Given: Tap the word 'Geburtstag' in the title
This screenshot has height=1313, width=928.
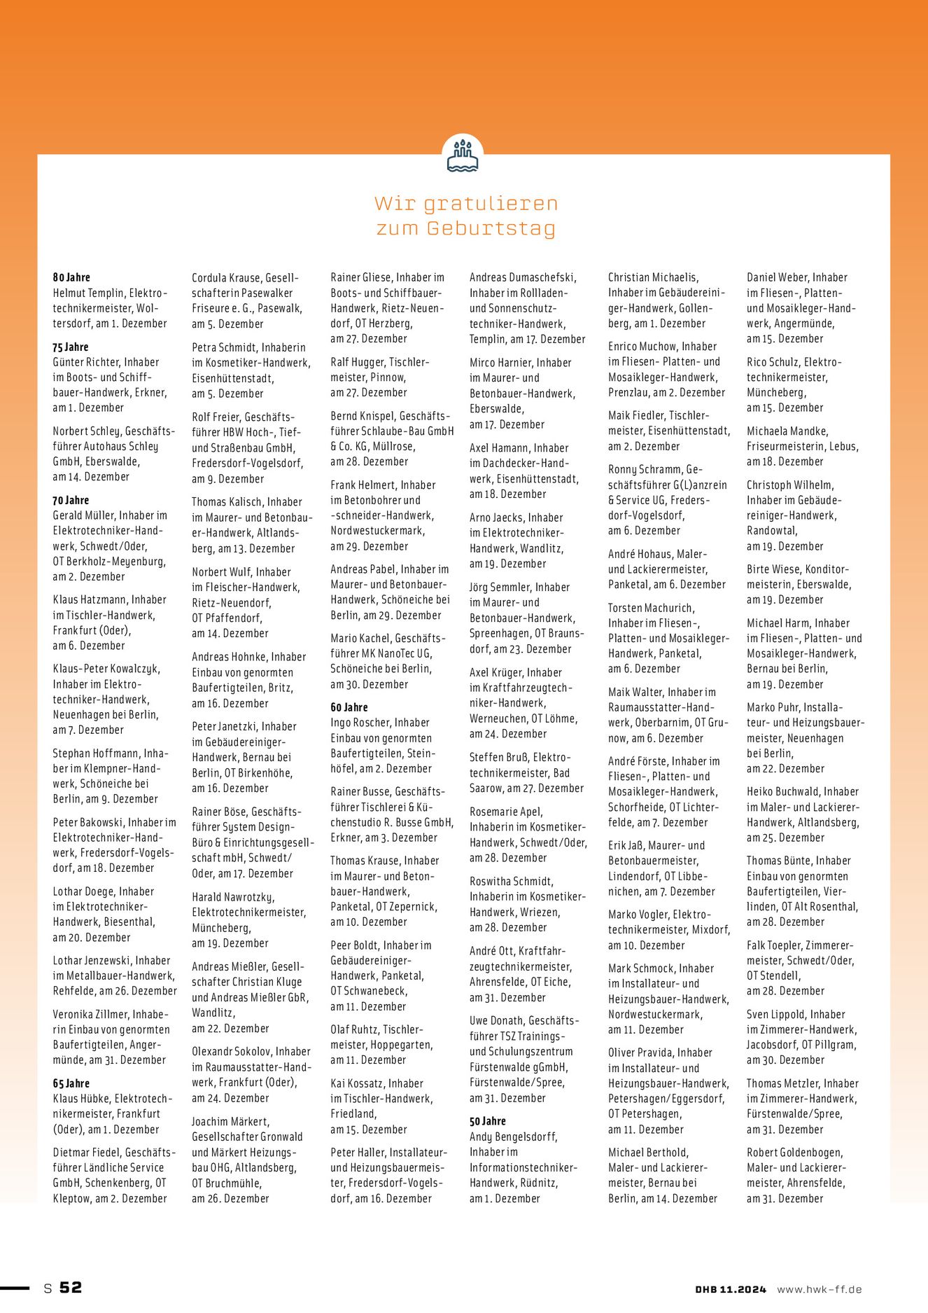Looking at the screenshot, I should click(x=491, y=228).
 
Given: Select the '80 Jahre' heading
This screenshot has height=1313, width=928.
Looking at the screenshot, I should click(x=71, y=277).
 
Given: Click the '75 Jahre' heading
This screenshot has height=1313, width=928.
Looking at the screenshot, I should click(x=71, y=347).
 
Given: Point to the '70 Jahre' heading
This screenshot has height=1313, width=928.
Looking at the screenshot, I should click(x=71, y=500).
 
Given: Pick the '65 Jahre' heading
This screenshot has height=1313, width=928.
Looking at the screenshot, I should click(x=71, y=1083).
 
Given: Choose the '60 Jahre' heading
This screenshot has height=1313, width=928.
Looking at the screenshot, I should click(x=349, y=707).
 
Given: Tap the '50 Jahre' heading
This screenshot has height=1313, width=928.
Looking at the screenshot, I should click(x=487, y=1121).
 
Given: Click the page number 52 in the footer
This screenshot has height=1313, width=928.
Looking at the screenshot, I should click(x=70, y=1287).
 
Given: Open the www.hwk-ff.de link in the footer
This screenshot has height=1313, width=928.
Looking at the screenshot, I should click(x=819, y=1289).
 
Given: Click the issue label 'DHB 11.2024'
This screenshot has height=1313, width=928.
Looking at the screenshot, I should click(x=730, y=1289).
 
